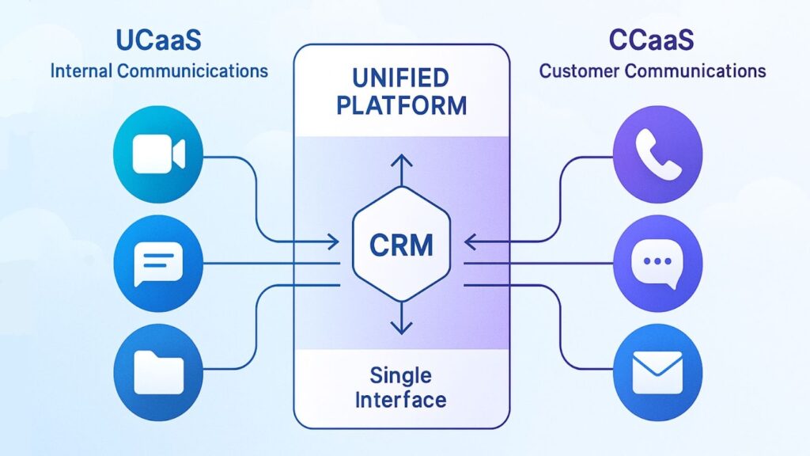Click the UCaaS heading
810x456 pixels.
click(x=159, y=39)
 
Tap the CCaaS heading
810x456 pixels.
click(x=652, y=39)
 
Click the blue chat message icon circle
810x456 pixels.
click(x=159, y=262)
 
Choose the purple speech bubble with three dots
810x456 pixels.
click(x=657, y=260)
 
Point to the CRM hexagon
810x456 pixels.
click(x=401, y=244)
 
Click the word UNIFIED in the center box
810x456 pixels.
click(x=401, y=79)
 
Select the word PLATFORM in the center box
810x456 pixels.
click(x=401, y=105)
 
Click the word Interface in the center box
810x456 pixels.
click(x=401, y=398)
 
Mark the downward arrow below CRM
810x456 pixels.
click(x=402, y=325)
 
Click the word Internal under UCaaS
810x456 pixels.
click(x=81, y=70)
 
